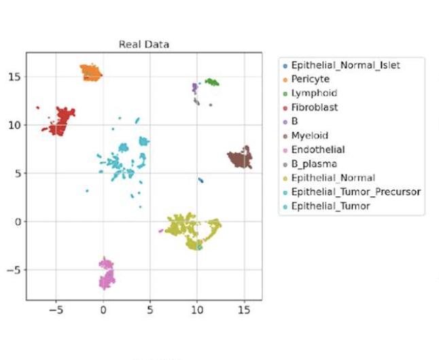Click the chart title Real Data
[143, 45]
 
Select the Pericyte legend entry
[310, 79]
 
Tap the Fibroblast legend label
[314, 107]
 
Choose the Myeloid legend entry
[311, 136]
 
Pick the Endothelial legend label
[317, 149]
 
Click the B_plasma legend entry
[314, 164]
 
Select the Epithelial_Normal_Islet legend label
[345, 65]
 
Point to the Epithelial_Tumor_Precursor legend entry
[355, 192]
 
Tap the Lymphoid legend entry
[314, 93]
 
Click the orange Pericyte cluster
[91, 73]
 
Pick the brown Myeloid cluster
[240, 159]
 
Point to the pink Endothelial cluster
[107, 273]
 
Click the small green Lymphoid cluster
[212, 82]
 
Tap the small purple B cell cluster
[195, 88]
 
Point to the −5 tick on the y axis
[15, 270]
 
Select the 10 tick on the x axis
[197, 310]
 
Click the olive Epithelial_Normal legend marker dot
[285, 178]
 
